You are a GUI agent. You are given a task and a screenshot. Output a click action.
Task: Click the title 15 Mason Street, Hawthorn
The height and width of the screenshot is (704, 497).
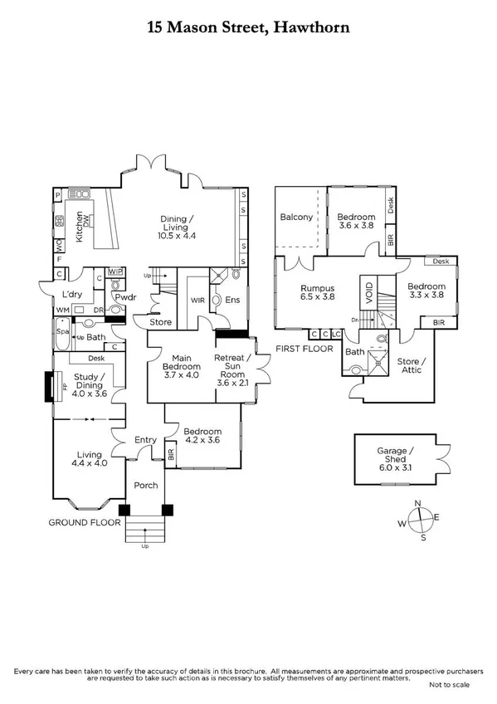click(248, 27)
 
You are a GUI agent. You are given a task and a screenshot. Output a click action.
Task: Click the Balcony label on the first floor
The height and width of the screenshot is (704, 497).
click(297, 218)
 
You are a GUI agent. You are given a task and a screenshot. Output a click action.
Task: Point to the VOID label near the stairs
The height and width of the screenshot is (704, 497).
click(368, 292)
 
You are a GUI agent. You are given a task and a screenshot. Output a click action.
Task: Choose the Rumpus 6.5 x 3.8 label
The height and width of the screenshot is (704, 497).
click(317, 294)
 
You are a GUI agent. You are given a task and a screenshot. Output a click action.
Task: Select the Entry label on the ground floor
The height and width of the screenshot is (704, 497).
click(146, 441)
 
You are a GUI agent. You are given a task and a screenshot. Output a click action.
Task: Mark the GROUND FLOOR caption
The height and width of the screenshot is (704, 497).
click(85, 523)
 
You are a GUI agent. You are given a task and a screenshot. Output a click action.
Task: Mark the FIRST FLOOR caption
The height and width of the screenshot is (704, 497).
click(304, 349)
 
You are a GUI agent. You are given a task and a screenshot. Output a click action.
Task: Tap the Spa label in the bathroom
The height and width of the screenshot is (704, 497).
click(61, 330)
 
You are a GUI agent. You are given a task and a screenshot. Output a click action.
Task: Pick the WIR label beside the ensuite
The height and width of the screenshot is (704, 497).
click(197, 300)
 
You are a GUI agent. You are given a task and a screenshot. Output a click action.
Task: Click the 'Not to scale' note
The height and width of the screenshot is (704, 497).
click(449, 684)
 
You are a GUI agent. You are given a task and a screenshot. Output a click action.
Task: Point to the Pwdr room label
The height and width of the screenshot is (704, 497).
click(125, 296)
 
